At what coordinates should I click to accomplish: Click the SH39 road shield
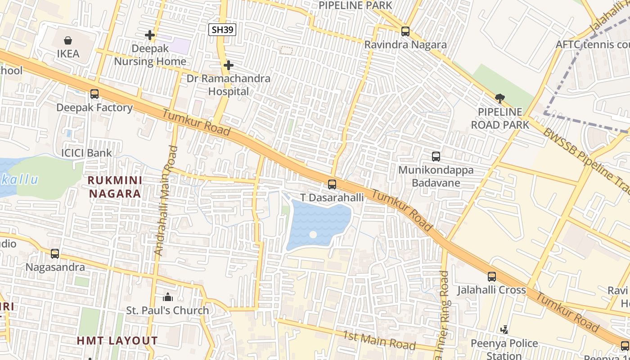[x=222, y=30]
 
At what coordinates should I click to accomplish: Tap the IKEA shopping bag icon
[x=68, y=41]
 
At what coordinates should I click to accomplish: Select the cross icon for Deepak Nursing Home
[x=150, y=35]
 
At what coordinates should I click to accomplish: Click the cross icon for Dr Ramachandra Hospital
[x=229, y=65]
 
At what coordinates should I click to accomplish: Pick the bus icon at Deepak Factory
[x=94, y=94]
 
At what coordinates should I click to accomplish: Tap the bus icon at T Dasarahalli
[x=332, y=184]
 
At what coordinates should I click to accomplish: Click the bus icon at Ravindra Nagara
[x=405, y=31]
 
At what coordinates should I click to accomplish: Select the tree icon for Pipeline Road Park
[x=499, y=99]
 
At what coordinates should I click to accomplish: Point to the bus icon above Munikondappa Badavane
[x=436, y=157]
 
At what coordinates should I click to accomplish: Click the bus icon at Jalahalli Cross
[x=492, y=277]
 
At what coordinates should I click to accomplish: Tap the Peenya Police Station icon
[x=504, y=330]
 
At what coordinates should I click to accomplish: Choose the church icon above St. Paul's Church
[x=168, y=297]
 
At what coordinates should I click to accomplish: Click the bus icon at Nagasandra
[x=55, y=254]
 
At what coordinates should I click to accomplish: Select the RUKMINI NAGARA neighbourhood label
[x=115, y=187]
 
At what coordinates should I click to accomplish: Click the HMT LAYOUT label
[x=117, y=341]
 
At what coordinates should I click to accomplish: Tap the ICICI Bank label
[x=86, y=153]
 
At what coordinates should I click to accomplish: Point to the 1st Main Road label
[x=379, y=340]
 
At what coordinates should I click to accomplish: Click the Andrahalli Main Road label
[x=166, y=201]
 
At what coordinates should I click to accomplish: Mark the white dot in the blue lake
[x=313, y=234]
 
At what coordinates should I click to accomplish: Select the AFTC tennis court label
[x=592, y=45]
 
